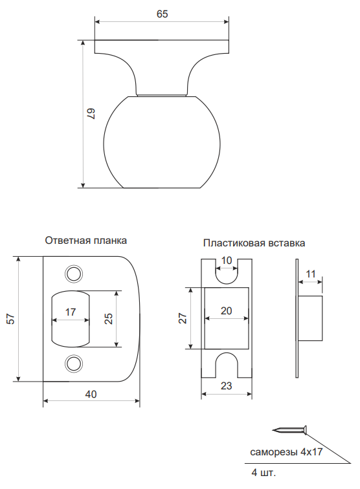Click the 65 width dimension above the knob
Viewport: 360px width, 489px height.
(x=162, y=14)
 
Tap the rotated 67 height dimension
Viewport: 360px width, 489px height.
(x=91, y=114)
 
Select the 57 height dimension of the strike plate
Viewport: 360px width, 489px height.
(x=10, y=319)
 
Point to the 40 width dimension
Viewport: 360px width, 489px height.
(x=91, y=394)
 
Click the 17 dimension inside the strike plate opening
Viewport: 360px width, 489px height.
(x=71, y=312)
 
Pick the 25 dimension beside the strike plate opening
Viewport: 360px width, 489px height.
(x=108, y=318)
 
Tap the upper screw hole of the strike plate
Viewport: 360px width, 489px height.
(x=74, y=274)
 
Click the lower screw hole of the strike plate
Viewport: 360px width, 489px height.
(x=74, y=364)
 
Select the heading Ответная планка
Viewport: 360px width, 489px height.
(x=86, y=241)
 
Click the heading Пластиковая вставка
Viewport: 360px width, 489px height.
(x=254, y=243)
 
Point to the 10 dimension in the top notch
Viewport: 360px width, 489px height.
(x=227, y=260)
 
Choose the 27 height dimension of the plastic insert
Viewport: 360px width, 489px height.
(x=183, y=318)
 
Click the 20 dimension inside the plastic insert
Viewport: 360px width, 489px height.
(x=227, y=310)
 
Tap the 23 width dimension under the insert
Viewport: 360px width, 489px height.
(x=227, y=386)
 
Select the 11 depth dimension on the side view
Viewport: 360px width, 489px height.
(x=311, y=274)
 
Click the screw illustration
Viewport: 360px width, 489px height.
(x=290, y=430)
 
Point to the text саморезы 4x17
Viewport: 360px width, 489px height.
(x=286, y=452)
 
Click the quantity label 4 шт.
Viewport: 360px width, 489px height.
(x=264, y=472)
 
